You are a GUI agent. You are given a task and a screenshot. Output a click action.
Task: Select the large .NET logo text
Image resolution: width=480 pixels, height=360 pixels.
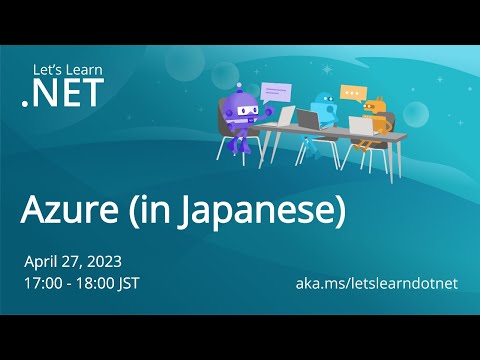click(x=59, y=95)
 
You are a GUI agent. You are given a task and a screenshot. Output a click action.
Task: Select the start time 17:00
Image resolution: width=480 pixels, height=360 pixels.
click(x=43, y=282)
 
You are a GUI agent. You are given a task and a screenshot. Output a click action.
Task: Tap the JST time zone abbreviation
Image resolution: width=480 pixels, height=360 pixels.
click(x=127, y=282)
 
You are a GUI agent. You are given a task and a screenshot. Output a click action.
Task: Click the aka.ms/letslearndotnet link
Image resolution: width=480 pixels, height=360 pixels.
click(x=377, y=283)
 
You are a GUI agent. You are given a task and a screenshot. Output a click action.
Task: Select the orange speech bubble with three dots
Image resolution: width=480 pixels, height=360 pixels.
click(x=351, y=92)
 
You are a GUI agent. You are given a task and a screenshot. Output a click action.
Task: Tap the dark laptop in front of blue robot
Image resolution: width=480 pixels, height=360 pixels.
click(x=309, y=121)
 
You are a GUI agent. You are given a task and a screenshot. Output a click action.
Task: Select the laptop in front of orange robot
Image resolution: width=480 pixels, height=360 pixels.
click(x=360, y=126)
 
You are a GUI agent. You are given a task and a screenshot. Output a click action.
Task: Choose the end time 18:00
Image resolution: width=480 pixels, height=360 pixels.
click(x=92, y=282)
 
